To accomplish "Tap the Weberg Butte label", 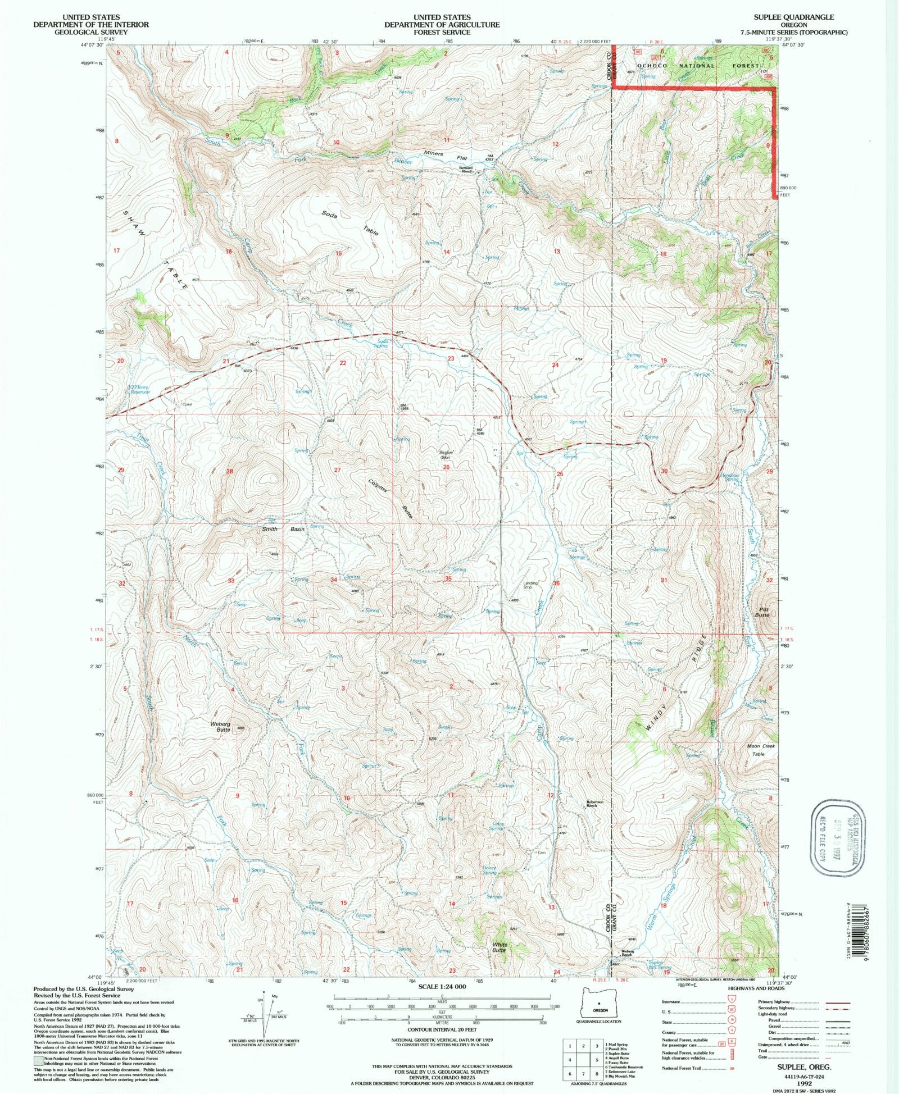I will [220, 727].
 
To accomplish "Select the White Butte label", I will [500, 947].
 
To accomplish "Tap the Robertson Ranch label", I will [595, 804].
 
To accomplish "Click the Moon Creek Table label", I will [761, 750].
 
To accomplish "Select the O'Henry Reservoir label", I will [140, 389].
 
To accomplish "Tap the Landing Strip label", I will [530, 585].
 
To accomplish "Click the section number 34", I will [334, 580].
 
